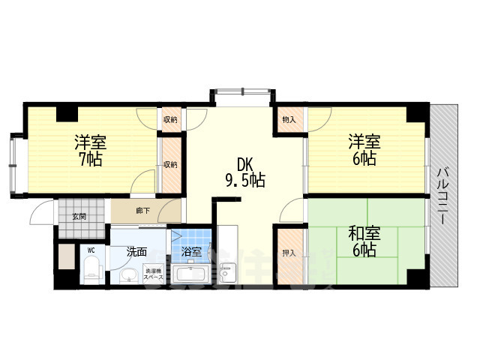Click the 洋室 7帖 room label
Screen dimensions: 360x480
tap(88, 151)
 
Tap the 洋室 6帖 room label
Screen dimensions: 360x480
tap(362, 151)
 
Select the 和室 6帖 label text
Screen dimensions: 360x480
tap(362, 241)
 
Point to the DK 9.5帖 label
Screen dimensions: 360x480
tap(241, 172)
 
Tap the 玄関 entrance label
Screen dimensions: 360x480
tap(79, 217)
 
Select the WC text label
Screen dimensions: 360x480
tap(91, 250)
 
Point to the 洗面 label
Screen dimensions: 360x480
tap(136, 252)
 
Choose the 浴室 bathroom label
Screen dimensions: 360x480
tap(191, 252)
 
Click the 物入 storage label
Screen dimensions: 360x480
tap(289, 119)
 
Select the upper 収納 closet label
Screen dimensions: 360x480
tap(171, 120)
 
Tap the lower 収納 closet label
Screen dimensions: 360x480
tap(171, 165)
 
